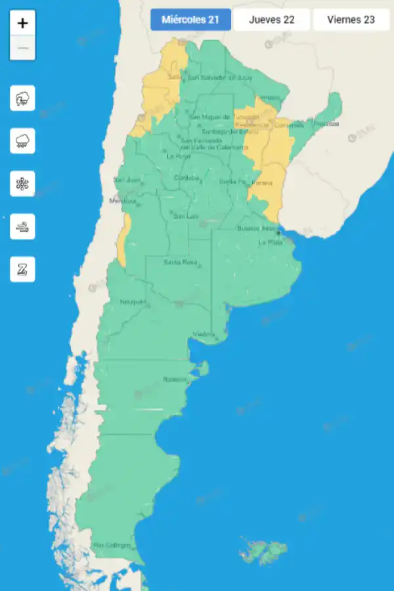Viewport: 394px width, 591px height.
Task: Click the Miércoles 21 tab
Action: click(x=190, y=20)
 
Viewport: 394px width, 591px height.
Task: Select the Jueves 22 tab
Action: click(x=271, y=20)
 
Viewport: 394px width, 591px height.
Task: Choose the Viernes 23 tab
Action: click(x=351, y=20)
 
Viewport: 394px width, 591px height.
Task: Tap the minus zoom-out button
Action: click(x=22, y=48)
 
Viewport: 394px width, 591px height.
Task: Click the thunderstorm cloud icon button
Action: click(x=22, y=98)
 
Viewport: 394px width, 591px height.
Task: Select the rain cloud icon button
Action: click(x=22, y=141)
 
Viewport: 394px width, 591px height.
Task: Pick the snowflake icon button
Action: click(x=22, y=184)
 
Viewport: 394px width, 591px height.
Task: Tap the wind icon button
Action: click(x=22, y=227)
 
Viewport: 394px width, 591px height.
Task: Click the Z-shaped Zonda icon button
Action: click(x=22, y=269)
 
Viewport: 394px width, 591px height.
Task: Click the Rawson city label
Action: click(x=175, y=380)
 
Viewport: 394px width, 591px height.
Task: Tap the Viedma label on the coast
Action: click(x=204, y=335)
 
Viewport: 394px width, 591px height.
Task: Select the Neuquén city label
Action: click(x=133, y=302)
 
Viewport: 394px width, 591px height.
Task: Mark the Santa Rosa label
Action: click(x=181, y=263)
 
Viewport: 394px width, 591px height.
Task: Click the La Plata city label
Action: click(x=270, y=242)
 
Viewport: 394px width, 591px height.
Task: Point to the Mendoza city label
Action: click(x=122, y=200)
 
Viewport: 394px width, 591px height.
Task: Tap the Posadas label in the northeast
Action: click(x=326, y=123)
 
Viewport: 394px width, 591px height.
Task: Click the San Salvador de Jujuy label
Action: click(x=220, y=77)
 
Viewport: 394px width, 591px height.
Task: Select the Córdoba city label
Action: click(x=186, y=178)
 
